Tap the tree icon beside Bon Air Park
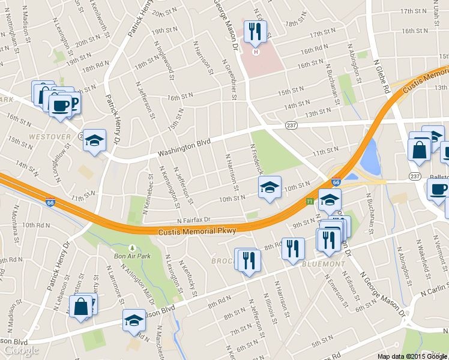pyautogui.click(x=132, y=247)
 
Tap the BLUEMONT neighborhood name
pyautogui.click(x=324, y=264)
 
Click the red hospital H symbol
pyautogui.click(x=256, y=52)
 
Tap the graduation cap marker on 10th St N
pyautogui.click(x=270, y=187)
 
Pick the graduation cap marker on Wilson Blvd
pyautogui.click(x=134, y=320)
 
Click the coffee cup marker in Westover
pyautogui.click(x=59, y=106)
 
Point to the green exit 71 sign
pyautogui.click(x=310, y=201)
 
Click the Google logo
pyautogui.click(x=21, y=350)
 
